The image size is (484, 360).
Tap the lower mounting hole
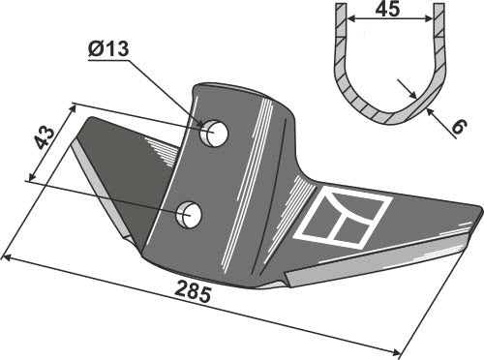[x=191, y=214]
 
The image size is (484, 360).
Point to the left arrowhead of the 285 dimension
[x=7, y=257]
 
